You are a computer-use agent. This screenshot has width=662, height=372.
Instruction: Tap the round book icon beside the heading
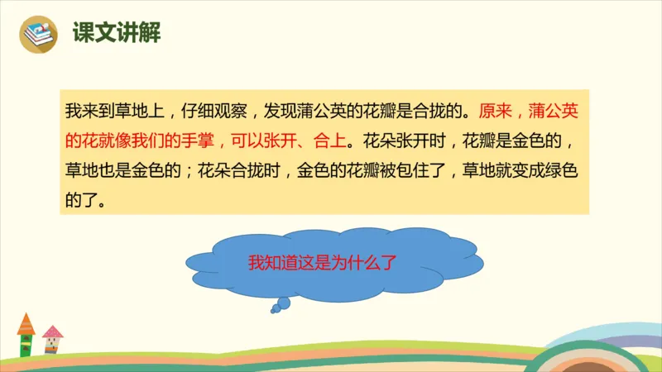tap(40, 34)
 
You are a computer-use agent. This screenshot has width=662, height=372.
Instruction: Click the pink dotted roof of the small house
tap(52, 332)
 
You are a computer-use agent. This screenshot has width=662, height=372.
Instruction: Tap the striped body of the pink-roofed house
tap(53, 348)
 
